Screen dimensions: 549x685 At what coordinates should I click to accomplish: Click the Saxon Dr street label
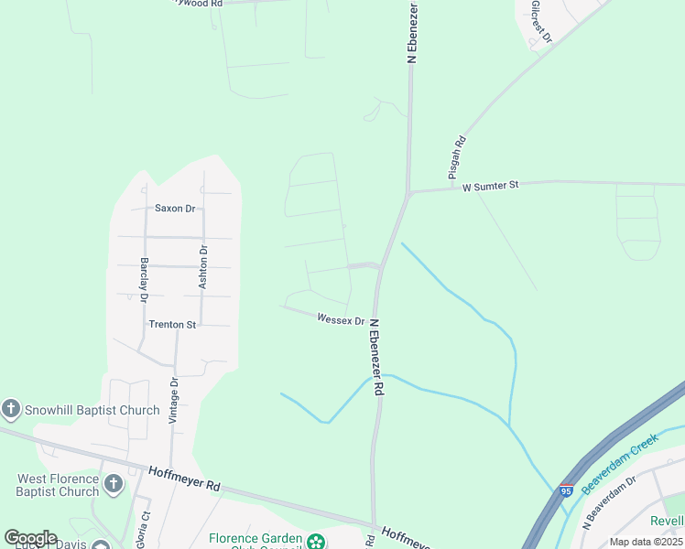175,209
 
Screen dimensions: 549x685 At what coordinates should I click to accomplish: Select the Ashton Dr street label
203,267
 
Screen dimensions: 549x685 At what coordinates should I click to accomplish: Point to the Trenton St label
172,325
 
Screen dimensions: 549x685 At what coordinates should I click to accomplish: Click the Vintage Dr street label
173,400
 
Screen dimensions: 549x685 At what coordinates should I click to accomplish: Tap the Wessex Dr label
341,319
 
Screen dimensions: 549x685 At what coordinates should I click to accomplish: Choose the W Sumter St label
490,186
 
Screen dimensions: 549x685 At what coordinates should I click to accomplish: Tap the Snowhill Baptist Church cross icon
11,409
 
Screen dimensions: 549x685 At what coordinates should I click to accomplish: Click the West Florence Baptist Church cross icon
113,483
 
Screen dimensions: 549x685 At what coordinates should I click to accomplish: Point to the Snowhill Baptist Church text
92,410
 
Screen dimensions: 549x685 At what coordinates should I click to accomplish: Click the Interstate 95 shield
566,491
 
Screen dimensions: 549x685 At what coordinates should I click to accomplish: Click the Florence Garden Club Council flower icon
316,541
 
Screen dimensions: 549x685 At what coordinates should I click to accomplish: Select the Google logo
30,538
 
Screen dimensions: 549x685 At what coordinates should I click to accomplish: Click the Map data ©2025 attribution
646,542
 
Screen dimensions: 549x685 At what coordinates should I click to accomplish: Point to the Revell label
668,521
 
